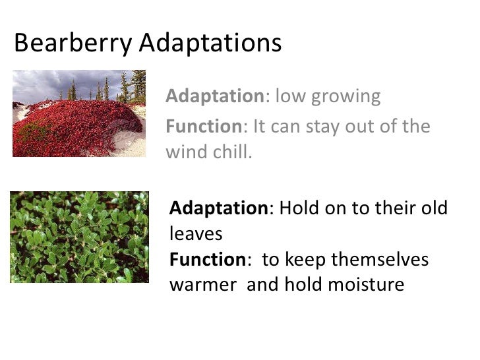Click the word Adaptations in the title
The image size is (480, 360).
[x=210, y=44]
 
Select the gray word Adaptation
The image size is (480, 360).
[x=215, y=96]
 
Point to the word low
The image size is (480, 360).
[x=287, y=96]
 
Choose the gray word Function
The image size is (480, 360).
[x=204, y=126]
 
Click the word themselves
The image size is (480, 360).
[x=380, y=260]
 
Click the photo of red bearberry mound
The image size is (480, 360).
[x=79, y=113]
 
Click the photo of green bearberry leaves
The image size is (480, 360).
[x=79, y=237]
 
